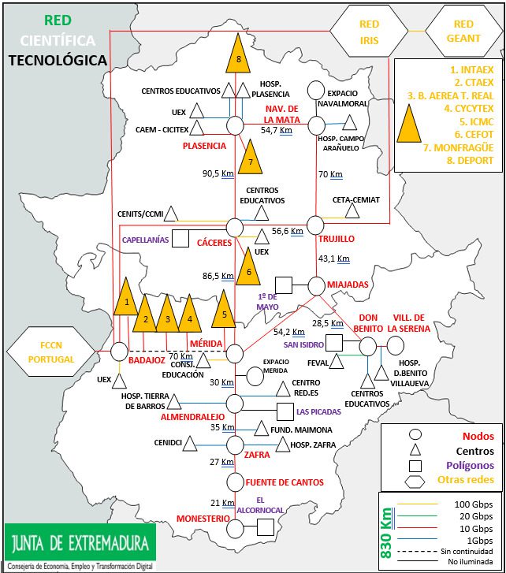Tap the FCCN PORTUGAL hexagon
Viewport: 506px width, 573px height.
[50, 352]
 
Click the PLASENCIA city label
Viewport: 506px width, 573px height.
[204, 146]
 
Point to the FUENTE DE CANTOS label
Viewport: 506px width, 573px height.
[285, 482]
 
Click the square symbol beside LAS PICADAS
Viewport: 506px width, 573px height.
[285, 411]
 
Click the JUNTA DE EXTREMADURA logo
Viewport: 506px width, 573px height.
[79, 544]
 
